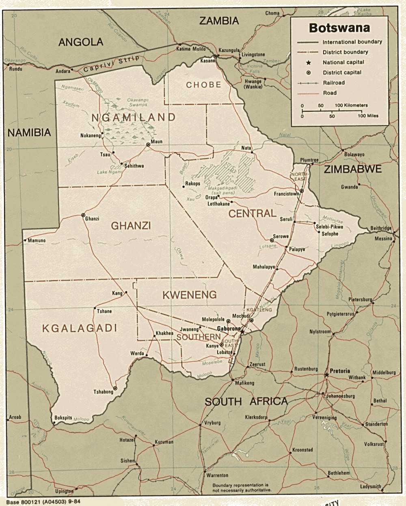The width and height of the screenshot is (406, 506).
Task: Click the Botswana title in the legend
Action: [x=339, y=28]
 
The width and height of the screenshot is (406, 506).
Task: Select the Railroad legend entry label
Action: [x=334, y=83]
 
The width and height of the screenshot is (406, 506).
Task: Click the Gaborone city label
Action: [x=229, y=328]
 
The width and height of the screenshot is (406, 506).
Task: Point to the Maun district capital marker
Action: [x=148, y=144]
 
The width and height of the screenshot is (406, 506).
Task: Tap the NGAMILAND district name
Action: [x=133, y=118]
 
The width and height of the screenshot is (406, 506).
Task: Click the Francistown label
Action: [x=286, y=194]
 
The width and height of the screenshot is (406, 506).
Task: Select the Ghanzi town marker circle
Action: [x=83, y=215]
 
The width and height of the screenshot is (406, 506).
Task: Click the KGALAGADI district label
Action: [x=80, y=328]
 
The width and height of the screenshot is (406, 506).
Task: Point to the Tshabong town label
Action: [x=104, y=392]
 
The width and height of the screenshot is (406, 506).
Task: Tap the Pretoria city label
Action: [x=340, y=371]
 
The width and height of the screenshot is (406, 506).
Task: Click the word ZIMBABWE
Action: [x=352, y=169]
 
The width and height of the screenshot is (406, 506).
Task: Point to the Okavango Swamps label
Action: [x=138, y=102]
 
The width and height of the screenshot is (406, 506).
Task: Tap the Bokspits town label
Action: [x=63, y=417]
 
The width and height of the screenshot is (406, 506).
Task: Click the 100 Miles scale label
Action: [x=368, y=116]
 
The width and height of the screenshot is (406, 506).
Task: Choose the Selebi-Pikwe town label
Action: [x=329, y=227]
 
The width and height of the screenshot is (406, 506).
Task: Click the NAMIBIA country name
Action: [x=29, y=132]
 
